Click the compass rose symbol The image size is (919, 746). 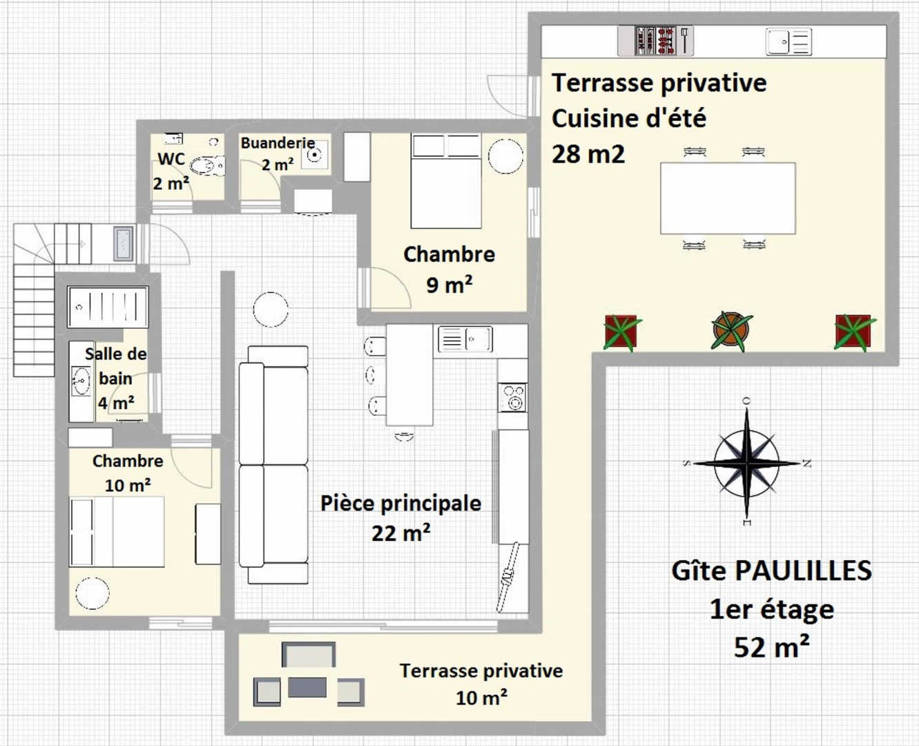tap(747, 463)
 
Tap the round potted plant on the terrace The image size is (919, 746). tap(731, 331)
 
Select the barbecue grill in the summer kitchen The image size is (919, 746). tap(655, 41)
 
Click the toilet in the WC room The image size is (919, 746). tap(208, 165)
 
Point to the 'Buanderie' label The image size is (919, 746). tap(278, 143)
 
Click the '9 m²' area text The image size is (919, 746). tap(449, 285)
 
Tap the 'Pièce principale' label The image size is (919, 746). tap(401, 504)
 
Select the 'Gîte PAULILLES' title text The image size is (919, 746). tap(772, 571)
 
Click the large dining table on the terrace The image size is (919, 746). tap(728, 198)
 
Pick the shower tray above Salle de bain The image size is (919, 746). tap(108, 306)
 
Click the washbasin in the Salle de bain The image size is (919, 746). tap(81, 381)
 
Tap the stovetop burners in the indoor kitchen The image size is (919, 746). tap(512, 397)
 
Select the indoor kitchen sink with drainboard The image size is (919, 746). tap(465, 338)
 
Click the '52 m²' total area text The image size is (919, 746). tap(772, 647)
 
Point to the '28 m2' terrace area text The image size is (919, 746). tap(588, 154)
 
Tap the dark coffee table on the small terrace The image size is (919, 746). tap(307, 687)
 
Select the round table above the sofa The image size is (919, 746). tap(271, 309)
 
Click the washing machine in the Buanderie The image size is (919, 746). tap(315, 154)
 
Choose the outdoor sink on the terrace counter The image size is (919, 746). tap(789, 42)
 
